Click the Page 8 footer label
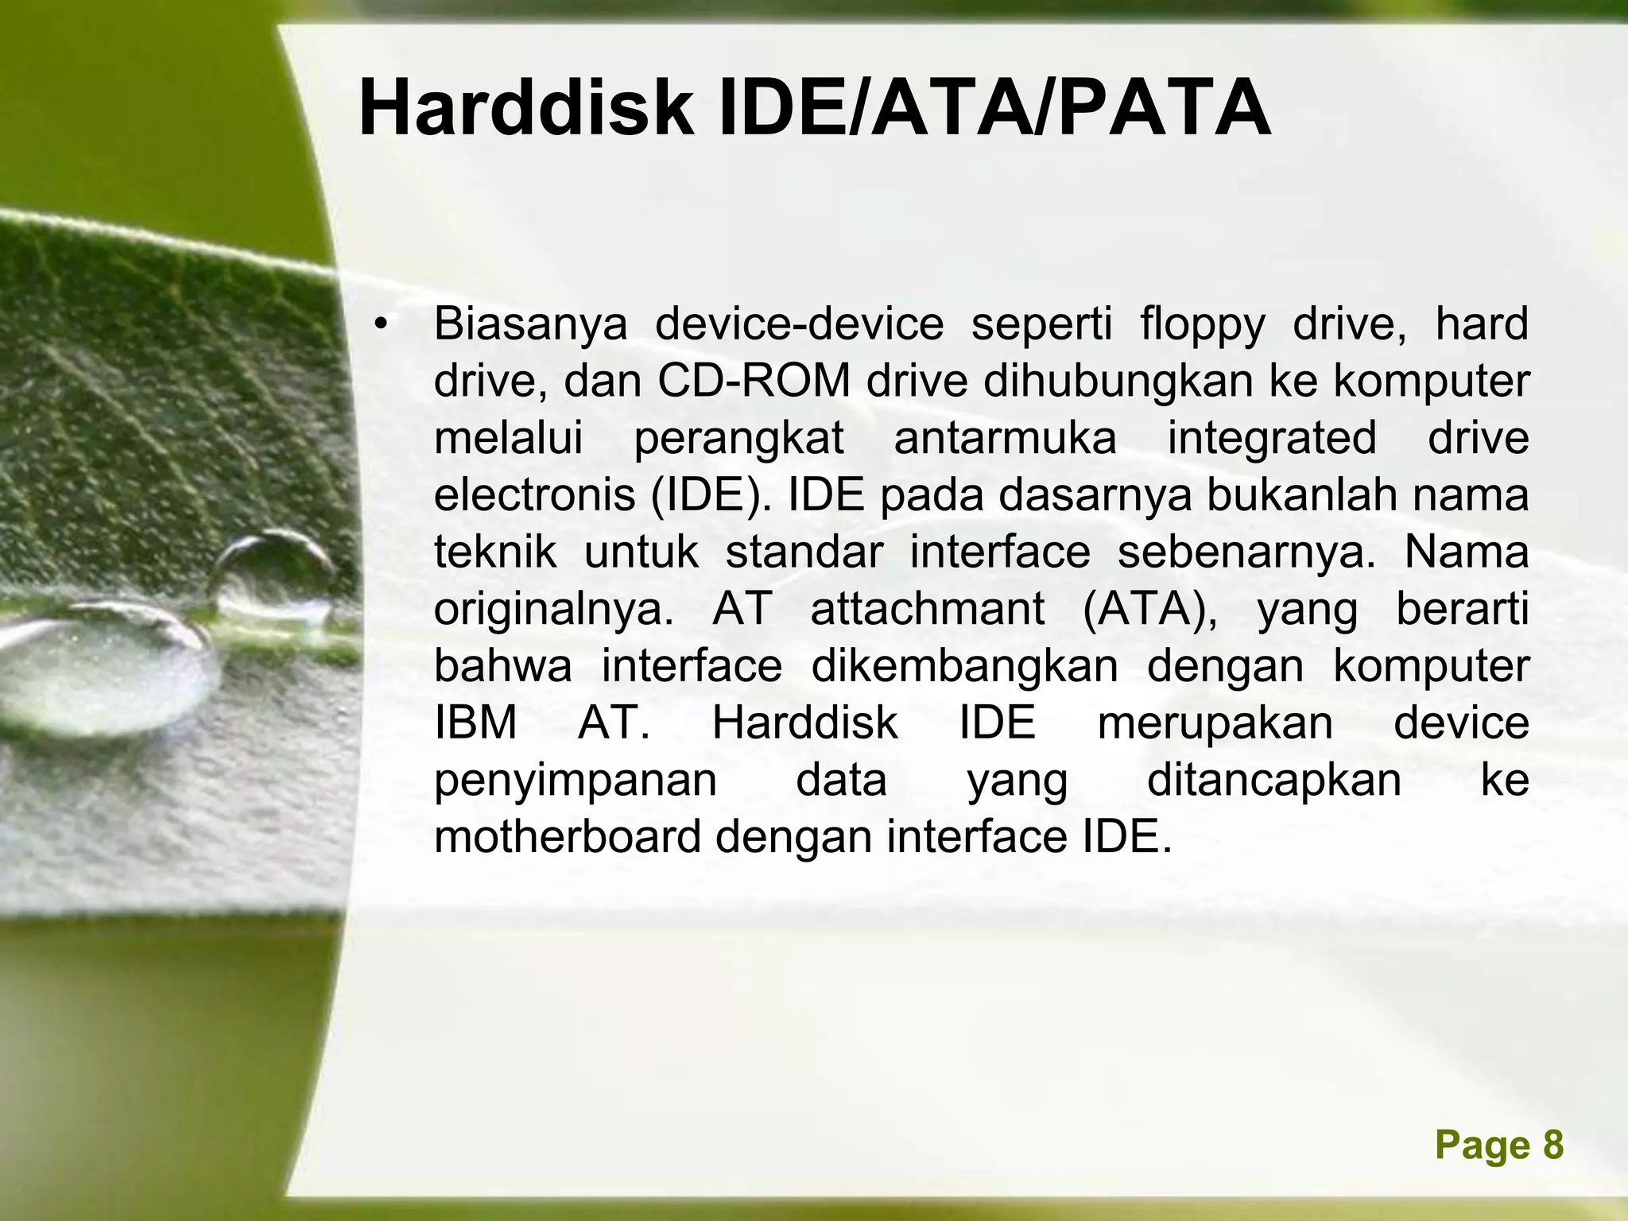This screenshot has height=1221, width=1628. (x=1499, y=1145)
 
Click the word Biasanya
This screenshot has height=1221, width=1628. (x=530, y=325)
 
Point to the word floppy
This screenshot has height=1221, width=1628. (x=1202, y=325)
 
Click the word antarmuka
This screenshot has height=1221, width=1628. (x=1005, y=439)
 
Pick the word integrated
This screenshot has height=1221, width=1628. (x=1272, y=439)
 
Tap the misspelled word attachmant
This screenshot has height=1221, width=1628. (x=927, y=610)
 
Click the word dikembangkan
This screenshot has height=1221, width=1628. (x=964, y=666)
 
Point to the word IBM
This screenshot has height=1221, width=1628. (x=475, y=723)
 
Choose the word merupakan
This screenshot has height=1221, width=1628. (x=1215, y=723)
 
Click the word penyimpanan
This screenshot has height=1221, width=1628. (x=576, y=781)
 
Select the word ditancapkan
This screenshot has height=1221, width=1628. (x=1274, y=781)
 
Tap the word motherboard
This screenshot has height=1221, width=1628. (x=568, y=837)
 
